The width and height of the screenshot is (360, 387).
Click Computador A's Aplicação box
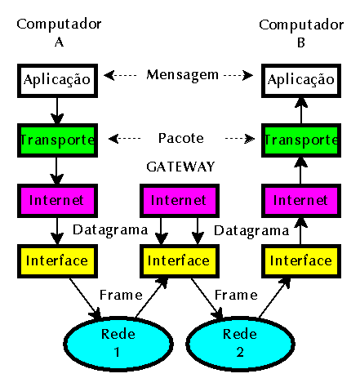pos(57,81)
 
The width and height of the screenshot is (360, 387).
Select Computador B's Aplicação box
pos(301,81)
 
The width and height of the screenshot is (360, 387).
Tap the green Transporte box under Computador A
pos(57,140)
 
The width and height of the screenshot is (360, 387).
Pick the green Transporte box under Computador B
pos(301,140)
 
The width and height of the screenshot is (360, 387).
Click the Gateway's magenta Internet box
pos(180,201)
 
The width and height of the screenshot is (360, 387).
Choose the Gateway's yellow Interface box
pos(180,261)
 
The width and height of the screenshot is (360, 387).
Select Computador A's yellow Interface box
pos(57,261)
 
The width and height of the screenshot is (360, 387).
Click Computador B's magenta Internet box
pos(301,201)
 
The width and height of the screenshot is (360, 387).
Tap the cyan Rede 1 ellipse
pos(118,344)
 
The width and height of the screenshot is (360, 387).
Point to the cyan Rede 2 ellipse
pos(240,344)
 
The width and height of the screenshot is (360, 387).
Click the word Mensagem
pos(182,75)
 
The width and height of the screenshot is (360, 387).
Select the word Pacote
pos(181,138)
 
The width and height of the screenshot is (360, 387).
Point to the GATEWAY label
pos(180,167)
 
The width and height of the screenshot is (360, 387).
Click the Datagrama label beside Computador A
pos(110,230)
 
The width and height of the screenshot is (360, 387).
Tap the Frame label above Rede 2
pos(236,295)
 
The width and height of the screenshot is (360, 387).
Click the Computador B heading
pos(301,33)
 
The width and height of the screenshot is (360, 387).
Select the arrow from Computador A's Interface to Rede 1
pos(85,299)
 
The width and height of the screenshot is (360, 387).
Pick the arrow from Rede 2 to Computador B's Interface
pos(274,298)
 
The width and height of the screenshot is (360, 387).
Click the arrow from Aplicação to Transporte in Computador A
pos(57,111)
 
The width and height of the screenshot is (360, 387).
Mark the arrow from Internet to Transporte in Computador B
pos(300,171)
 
